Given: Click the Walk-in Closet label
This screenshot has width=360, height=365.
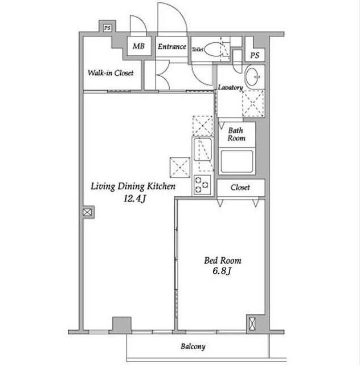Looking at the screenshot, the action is [111, 73].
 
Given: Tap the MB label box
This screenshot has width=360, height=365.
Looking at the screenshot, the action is [139, 46].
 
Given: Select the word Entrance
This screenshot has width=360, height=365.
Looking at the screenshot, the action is [172, 47].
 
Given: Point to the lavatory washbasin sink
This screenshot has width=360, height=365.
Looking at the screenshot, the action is [252, 76].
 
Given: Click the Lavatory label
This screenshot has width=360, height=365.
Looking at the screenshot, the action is [230, 87].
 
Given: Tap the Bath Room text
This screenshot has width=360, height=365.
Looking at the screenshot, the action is [236, 135].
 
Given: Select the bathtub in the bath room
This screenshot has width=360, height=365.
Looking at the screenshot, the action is [237, 161].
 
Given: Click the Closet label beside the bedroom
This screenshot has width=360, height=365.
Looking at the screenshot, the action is [240, 188].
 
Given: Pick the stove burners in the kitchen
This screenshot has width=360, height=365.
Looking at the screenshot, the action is [202, 185].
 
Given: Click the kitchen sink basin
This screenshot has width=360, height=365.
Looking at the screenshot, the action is [203, 149].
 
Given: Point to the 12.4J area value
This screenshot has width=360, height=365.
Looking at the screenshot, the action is [134, 198].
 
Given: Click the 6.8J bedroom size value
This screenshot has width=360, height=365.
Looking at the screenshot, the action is [222, 271].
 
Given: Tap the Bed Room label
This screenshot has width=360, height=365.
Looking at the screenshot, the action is [223, 261].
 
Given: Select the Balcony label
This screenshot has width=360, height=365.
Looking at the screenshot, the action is [193, 347].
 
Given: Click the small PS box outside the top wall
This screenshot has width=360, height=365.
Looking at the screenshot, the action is [107, 28].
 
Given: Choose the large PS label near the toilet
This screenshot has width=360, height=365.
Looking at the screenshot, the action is [255, 55].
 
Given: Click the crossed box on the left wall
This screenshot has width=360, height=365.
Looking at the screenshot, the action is [87, 212].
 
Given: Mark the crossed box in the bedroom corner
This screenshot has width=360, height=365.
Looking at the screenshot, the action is [252, 323].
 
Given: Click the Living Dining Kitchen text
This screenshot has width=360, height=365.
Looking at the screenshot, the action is [133, 186].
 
